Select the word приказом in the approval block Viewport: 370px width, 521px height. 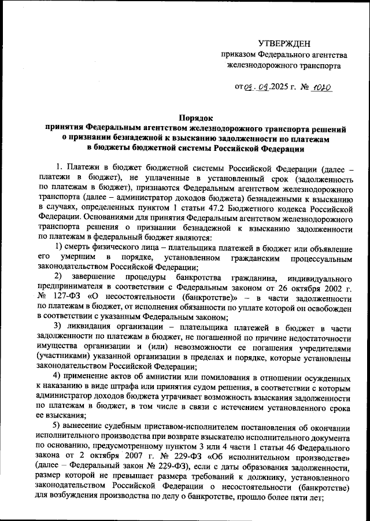click(x=238, y=55)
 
